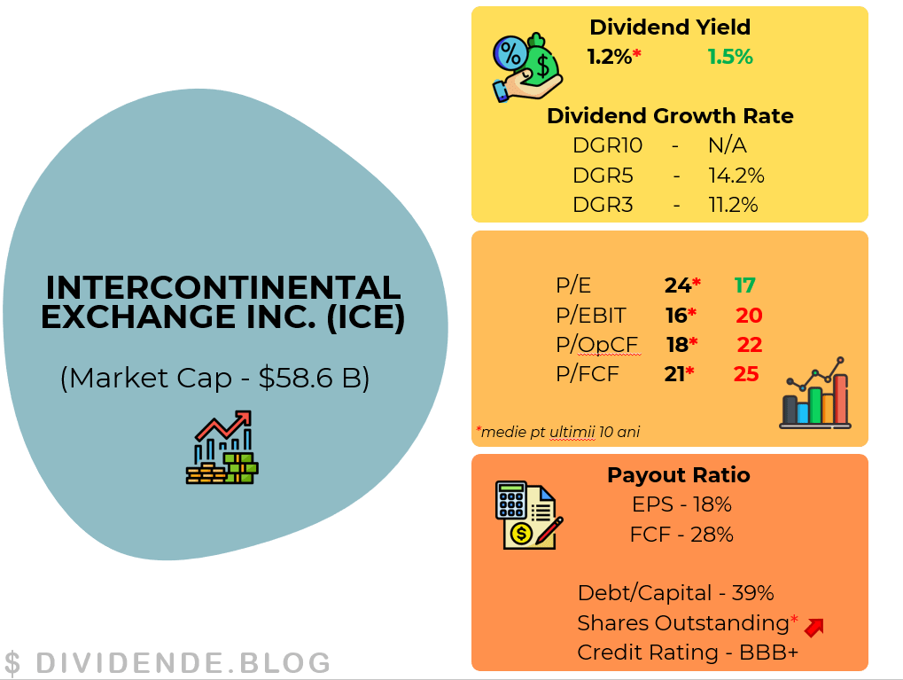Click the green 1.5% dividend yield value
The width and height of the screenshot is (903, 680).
(x=730, y=57)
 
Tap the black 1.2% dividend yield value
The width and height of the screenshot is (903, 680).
(x=610, y=57)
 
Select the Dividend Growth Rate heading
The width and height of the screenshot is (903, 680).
(x=670, y=116)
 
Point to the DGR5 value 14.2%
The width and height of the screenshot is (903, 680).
(x=736, y=176)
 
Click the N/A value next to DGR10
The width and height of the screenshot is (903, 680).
(x=728, y=145)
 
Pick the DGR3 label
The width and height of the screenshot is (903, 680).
(x=603, y=205)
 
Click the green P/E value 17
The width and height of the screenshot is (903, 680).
(x=744, y=285)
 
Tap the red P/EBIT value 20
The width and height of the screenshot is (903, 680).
(x=749, y=316)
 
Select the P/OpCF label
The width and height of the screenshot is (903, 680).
(x=596, y=345)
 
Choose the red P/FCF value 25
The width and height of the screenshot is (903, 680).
(x=746, y=374)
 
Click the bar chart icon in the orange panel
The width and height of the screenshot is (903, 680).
(x=815, y=393)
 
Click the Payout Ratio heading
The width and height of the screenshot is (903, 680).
(x=679, y=475)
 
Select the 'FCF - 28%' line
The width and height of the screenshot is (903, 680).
(x=681, y=535)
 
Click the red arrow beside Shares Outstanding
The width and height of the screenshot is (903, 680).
(x=814, y=628)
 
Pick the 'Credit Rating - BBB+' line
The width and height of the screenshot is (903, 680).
(x=688, y=653)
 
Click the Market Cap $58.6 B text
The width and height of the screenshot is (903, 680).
(x=214, y=378)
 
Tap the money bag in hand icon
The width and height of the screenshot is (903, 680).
(x=527, y=67)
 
